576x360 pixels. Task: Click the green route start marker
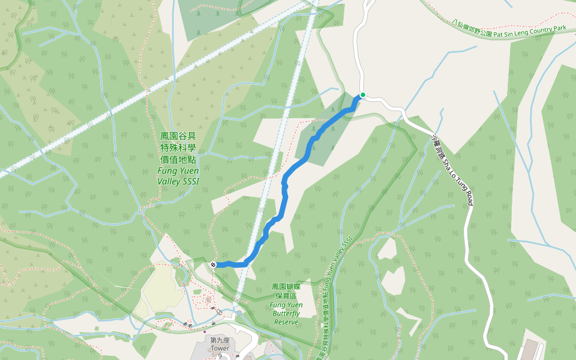362,95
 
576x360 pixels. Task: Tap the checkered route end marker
214,264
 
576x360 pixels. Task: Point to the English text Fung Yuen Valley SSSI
178,175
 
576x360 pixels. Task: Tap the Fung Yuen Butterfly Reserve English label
286,313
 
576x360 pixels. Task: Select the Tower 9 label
220,352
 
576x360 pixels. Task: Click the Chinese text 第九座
220,340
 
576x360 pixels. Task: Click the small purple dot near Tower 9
205,331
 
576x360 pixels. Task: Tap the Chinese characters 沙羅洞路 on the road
439,148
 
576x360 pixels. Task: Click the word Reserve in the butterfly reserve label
286,322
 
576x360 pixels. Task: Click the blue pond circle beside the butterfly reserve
239,313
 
